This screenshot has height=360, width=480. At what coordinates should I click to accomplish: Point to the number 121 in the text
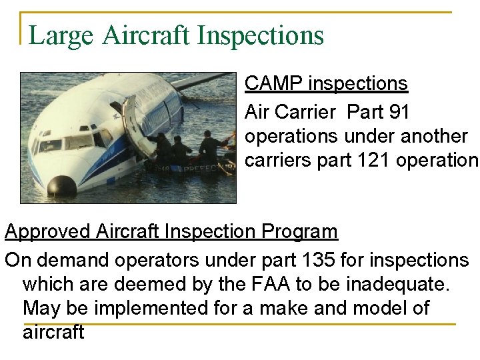pos(379,161)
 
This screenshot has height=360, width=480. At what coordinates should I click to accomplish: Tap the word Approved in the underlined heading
pos(47,232)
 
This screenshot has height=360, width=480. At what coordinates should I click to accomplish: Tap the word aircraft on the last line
pos(53,332)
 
